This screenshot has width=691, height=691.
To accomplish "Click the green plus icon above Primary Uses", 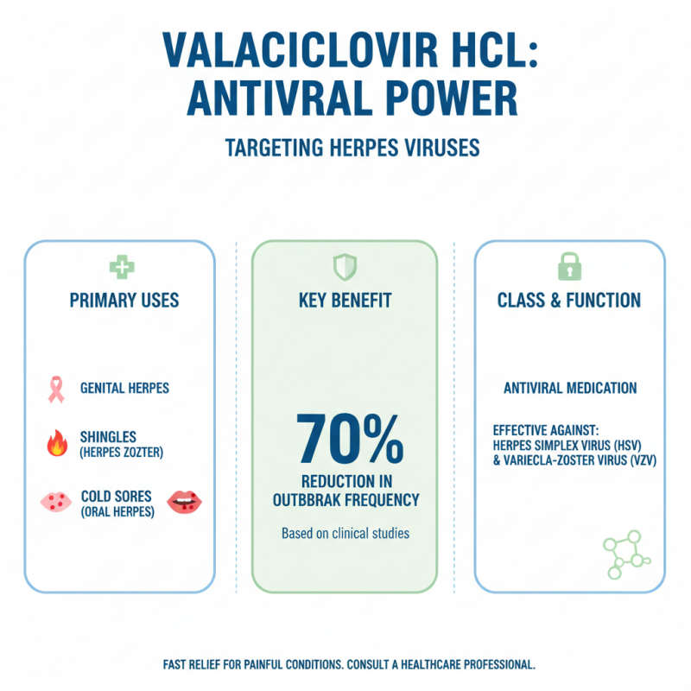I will (120, 267).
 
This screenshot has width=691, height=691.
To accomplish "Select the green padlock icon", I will (569, 267).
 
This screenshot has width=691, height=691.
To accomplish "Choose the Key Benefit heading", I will (344, 301).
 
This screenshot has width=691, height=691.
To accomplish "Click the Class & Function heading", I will (569, 301).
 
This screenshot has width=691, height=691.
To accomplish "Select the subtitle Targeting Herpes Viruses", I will (352, 148).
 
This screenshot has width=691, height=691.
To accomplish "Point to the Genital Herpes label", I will (124, 389).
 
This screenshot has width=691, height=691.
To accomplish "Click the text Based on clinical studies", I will (345, 534).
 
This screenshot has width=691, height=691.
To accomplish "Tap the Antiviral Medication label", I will (570, 389).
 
